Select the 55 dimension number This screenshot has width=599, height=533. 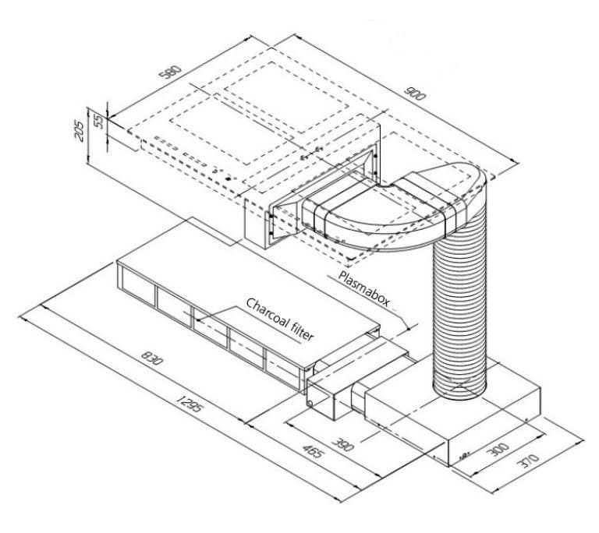[97, 119]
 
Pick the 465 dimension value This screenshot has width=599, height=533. [313, 454]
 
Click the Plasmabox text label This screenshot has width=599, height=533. [363, 288]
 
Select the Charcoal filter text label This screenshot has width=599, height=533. [280, 319]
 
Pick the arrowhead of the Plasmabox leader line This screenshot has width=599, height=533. [404, 312]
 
